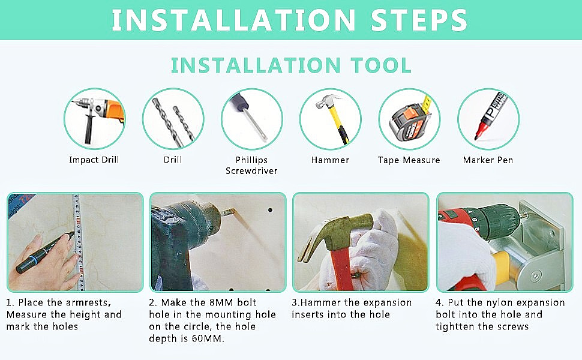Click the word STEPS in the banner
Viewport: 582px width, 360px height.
coord(419,20)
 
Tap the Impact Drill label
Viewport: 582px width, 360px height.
coord(94,160)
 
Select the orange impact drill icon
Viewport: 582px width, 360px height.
coord(97,119)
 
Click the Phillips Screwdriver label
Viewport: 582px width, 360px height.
coord(251,165)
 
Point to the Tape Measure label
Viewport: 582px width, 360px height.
coord(409,160)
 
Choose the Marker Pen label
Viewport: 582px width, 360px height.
coord(488,160)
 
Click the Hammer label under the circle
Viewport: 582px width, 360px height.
coord(331,160)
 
